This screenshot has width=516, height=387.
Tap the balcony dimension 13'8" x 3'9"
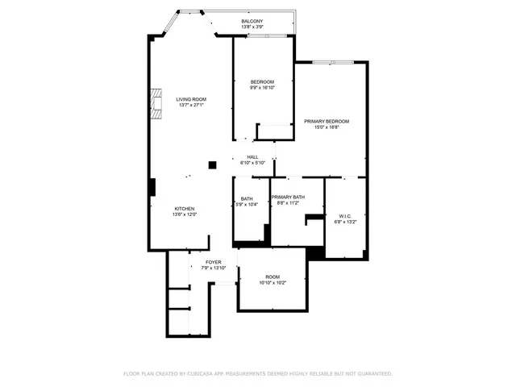pyautogui.click(x=252, y=27)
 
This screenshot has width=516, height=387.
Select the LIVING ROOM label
pyautogui.click(x=191, y=99)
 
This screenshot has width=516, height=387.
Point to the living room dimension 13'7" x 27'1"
pyautogui.click(x=191, y=106)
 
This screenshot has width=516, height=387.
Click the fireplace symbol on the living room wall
pyautogui.click(x=156, y=104)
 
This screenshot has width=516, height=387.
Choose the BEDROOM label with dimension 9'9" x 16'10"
pyautogui.click(x=262, y=81)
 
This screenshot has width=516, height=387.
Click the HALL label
pyautogui.click(x=252, y=156)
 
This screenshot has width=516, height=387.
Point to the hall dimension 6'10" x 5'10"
pyautogui.click(x=252, y=163)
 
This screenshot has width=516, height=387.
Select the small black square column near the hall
pyautogui.click(x=212, y=165)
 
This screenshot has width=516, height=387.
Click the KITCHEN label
pyautogui.click(x=184, y=208)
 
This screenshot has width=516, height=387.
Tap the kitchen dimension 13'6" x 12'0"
pyautogui.click(x=184, y=214)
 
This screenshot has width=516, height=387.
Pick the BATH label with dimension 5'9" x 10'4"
pyautogui.click(x=246, y=198)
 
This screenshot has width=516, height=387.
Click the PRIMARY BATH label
pyautogui.click(x=288, y=198)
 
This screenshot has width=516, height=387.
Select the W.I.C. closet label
pyautogui.click(x=345, y=215)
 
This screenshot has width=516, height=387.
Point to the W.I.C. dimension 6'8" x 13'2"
pyautogui.click(x=345, y=222)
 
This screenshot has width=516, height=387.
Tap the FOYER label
pyautogui.click(x=213, y=262)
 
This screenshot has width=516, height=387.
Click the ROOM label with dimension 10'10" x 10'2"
pyautogui.click(x=273, y=277)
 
